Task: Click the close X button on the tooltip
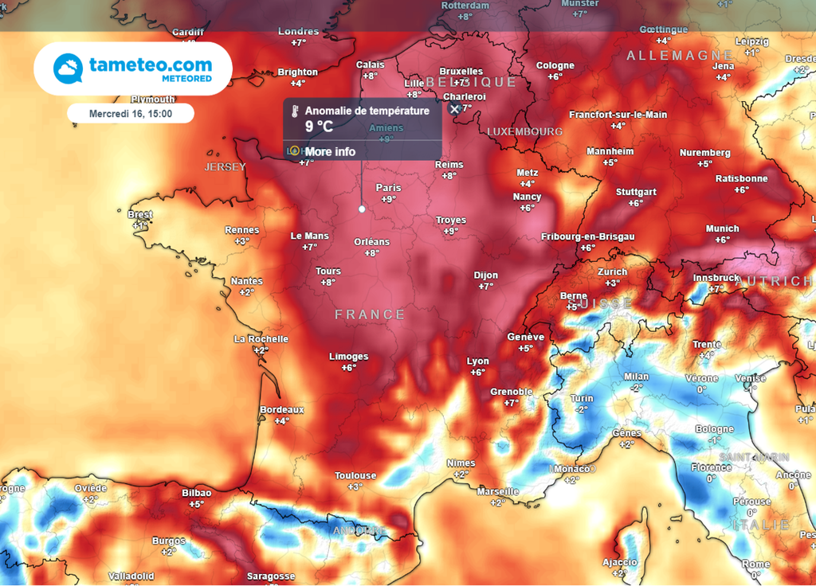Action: click(x=454, y=110)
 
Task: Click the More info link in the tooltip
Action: click(x=330, y=151)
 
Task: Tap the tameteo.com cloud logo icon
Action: click(x=68, y=68)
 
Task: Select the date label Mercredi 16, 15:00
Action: click(x=131, y=113)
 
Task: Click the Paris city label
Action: click(x=388, y=188)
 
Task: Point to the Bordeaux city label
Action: click(x=282, y=410)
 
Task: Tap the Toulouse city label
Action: click(x=355, y=476)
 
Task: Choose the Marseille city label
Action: click(x=498, y=492)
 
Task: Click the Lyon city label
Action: click(x=477, y=361)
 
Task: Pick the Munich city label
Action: click(x=722, y=229)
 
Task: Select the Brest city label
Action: click(x=140, y=215)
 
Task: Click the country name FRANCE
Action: click(x=370, y=315)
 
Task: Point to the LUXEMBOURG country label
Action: click(x=524, y=131)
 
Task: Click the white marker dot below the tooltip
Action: click(x=362, y=209)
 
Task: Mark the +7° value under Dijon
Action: click(x=486, y=287)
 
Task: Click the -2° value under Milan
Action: click(x=636, y=388)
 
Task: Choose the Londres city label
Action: click(x=299, y=32)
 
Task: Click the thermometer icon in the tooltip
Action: click(x=295, y=111)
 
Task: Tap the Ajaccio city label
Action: click(x=620, y=562)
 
